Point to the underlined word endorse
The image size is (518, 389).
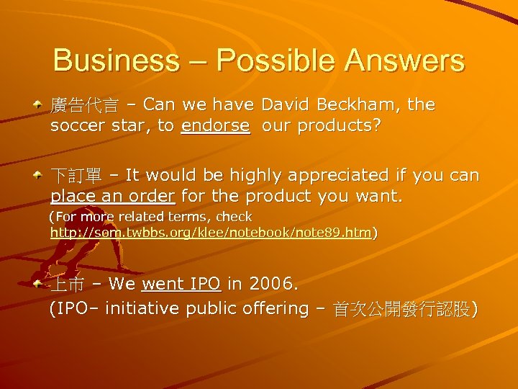tap(215, 126)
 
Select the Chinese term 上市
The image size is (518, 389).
tap(66, 285)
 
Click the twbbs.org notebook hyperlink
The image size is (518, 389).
tap(211, 233)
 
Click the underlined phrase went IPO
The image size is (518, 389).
tap(181, 285)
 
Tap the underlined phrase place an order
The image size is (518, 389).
tap(113, 196)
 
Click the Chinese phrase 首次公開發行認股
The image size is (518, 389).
tap(401, 309)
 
